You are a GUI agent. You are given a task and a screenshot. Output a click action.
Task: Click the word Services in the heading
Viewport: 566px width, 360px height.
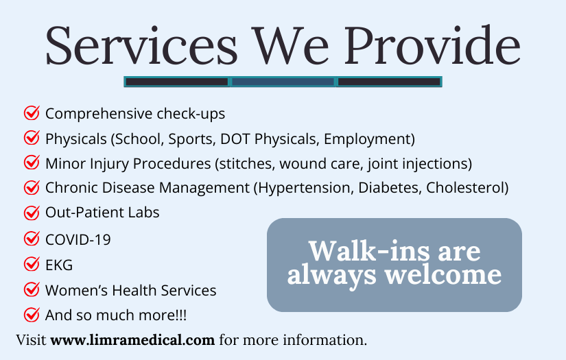tap(141, 45)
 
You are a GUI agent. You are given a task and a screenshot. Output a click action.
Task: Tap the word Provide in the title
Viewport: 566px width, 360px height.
tap(432, 45)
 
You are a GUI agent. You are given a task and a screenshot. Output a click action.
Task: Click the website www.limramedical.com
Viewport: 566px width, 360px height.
tap(132, 340)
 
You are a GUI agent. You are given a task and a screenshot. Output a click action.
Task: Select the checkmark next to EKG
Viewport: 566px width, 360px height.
tap(32, 264)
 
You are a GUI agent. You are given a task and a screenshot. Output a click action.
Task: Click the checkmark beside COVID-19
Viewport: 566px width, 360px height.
tap(32, 239)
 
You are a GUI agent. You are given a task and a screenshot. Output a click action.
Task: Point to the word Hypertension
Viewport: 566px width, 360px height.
tap(304, 188)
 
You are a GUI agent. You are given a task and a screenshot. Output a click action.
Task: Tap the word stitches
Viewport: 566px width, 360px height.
tap(247, 164)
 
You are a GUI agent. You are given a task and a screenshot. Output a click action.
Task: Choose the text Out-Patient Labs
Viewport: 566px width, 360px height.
tap(102, 213)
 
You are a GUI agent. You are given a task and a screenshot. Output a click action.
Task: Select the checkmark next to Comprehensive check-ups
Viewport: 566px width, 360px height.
tap(32, 113)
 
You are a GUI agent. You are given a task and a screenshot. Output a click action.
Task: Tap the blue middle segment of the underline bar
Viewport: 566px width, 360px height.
tap(283, 82)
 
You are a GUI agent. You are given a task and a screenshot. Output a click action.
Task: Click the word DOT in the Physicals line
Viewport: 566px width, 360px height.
tap(235, 139)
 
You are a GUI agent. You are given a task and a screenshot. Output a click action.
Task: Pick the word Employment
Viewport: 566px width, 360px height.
tap(368, 139)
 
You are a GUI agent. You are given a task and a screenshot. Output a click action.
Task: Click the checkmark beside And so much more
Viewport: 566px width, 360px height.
tap(32, 315)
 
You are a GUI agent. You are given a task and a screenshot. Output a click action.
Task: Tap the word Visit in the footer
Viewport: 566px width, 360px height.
tap(31, 340)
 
